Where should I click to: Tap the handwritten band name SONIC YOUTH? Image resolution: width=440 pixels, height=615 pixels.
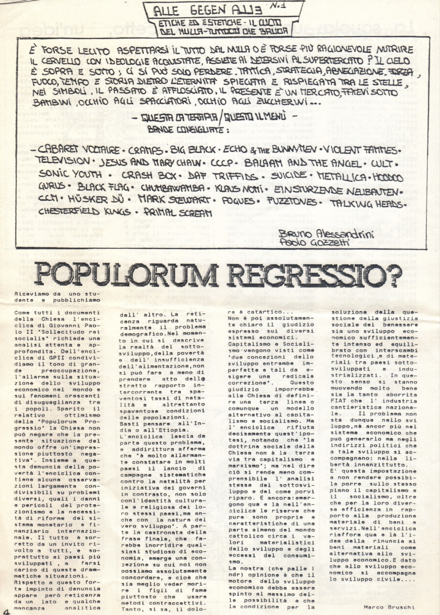coord(71,174)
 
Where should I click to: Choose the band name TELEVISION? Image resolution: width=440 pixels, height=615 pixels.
coord(63,161)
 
